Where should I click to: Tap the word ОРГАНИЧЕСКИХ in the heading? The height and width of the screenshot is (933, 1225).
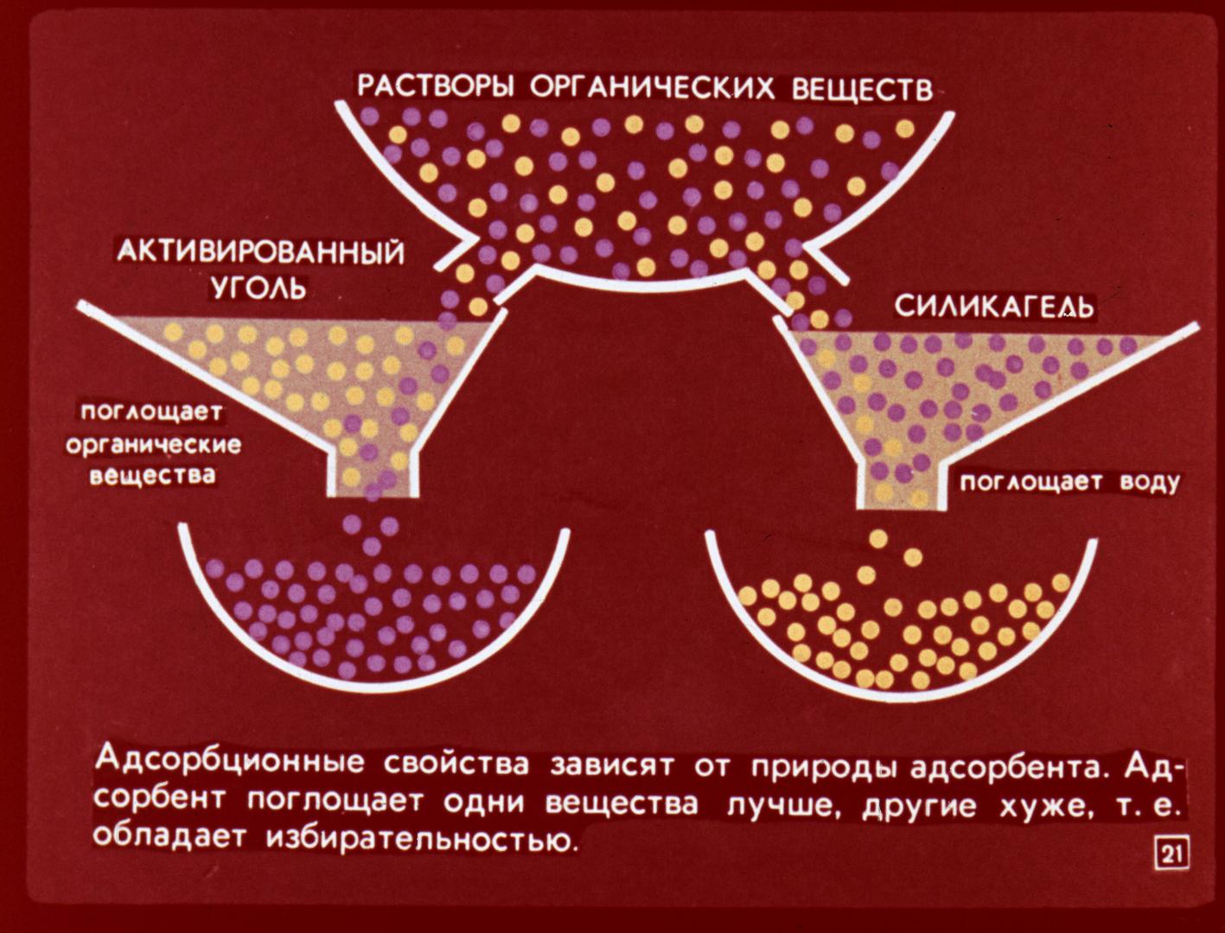click(x=652, y=89)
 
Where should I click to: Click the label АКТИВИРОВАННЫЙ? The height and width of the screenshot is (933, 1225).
click(x=260, y=254)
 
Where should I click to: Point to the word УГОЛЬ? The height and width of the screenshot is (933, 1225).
click(x=259, y=289)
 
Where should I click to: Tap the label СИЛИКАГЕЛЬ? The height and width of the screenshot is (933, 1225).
click(x=994, y=306)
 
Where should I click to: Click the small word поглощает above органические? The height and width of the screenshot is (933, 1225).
click(x=152, y=413)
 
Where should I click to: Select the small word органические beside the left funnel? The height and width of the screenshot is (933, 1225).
click(x=154, y=446)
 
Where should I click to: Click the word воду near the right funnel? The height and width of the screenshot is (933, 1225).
click(x=1150, y=482)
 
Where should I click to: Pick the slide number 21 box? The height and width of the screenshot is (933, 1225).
click(x=1172, y=856)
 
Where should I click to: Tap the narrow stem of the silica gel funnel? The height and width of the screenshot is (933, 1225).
click(x=903, y=484)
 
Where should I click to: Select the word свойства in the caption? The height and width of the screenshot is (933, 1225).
click(x=456, y=765)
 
